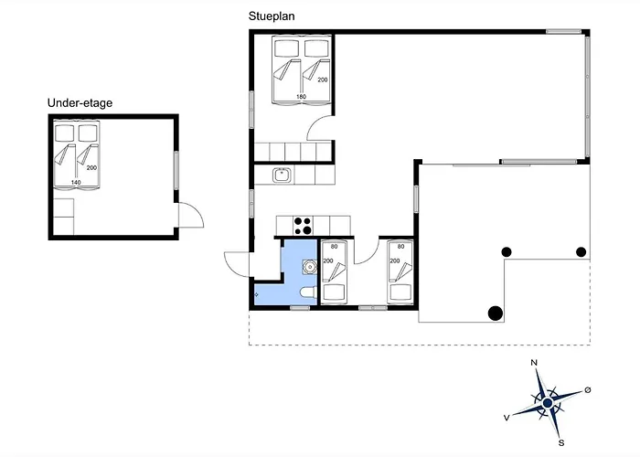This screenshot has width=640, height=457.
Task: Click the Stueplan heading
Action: click(x=272, y=16)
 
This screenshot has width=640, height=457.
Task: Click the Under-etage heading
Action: click(x=80, y=102)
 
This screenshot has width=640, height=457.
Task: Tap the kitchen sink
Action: click(x=282, y=175)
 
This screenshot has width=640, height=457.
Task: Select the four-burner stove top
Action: click(x=303, y=226)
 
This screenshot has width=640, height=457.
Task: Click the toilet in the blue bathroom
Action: click(x=308, y=292)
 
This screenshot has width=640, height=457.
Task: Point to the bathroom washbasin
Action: click(x=310, y=267)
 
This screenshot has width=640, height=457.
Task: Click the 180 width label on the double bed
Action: click(x=301, y=97)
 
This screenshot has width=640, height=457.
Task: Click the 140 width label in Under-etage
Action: click(x=76, y=183)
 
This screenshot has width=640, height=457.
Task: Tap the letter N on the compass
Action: click(x=534, y=362)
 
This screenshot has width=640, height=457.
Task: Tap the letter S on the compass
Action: click(x=561, y=443)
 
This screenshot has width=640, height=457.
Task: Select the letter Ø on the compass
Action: click(x=588, y=390)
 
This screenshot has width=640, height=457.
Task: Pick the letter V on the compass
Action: click(x=507, y=418)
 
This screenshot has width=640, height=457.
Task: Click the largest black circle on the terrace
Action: click(x=496, y=314)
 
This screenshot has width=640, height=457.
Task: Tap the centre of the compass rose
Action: click(x=548, y=403)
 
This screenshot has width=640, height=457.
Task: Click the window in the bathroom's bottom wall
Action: click(x=300, y=308)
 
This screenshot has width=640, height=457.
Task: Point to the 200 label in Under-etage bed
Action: click(x=91, y=167)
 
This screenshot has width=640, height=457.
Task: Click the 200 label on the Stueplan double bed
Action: click(x=323, y=80)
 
